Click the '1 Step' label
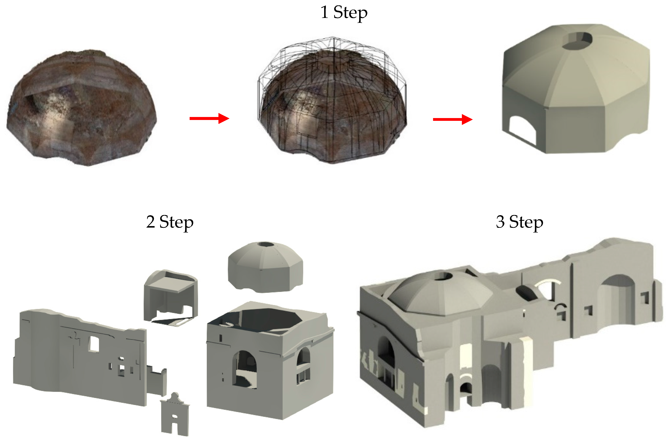click(344, 13)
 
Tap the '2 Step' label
click(170, 222)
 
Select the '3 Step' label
click(520, 222)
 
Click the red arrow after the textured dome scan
click(209, 118)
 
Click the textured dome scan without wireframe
click(82, 108)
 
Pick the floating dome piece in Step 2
click(265, 267)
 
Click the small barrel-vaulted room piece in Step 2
click(171, 298)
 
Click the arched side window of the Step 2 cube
click(304, 365)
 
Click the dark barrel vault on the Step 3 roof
click(525, 293)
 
